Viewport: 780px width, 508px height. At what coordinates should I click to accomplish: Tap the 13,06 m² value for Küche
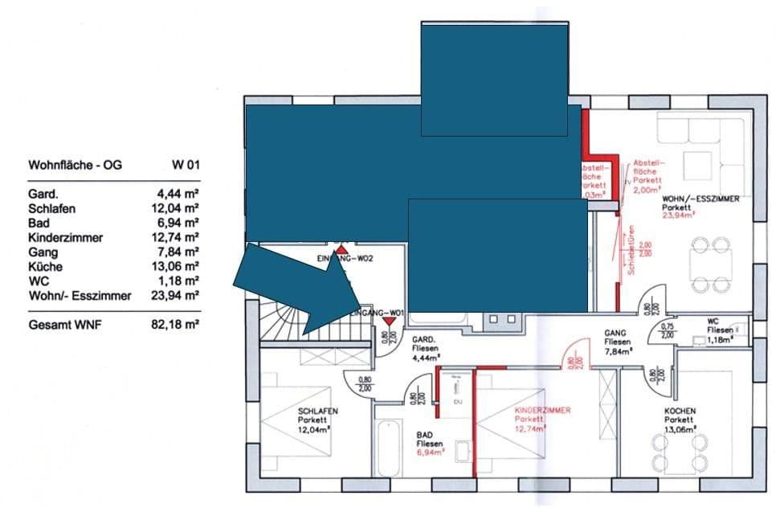pyautogui.click(x=178, y=267)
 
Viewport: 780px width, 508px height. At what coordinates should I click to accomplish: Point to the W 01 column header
pyautogui.click(x=185, y=166)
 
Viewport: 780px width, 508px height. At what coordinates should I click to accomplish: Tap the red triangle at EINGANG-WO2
pyautogui.click(x=341, y=250)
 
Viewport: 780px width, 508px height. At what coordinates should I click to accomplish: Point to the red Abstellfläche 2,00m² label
pyautogui.click(x=647, y=176)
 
